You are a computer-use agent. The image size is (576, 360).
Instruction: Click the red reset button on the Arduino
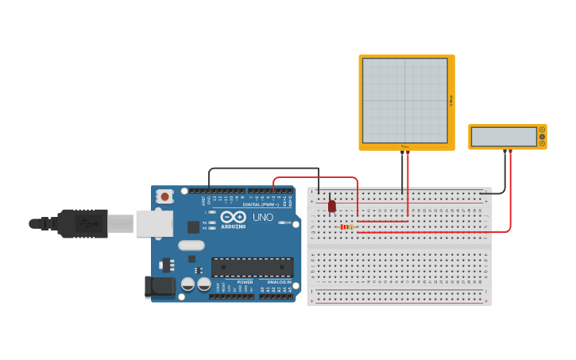click(x=164, y=195)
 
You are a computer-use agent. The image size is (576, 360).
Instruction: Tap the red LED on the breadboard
click(x=332, y=206)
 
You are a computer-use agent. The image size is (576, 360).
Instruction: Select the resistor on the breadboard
click(x=346, y=226)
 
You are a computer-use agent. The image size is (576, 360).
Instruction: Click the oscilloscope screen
click(x=405, y=100)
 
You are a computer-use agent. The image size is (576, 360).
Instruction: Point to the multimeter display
click(x=504, y=137)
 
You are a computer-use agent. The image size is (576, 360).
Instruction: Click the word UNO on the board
click(x=262, y=217)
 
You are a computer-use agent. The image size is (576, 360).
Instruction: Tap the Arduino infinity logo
click(x=233, y=217)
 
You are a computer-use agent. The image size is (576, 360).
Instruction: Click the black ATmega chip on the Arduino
click(x=252, y=267)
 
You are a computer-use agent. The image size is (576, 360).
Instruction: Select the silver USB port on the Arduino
click(x=153, y=223)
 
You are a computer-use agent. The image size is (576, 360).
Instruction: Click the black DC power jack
click(x=160, y=286)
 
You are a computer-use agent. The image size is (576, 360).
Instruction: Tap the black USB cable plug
click(x=83, y=223)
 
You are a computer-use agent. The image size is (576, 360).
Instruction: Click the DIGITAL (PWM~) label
click(x=260, y=204)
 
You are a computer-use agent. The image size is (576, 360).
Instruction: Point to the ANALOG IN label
click(x=278, y=281)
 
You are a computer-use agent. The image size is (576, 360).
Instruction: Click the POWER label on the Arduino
click(x=245, y=281)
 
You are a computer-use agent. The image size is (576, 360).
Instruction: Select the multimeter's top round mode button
click(x=542, y=130)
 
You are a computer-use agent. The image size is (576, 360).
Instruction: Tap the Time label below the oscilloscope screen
click(x=404, y=146)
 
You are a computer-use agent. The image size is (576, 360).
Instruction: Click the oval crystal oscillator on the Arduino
click(x=191, y=245)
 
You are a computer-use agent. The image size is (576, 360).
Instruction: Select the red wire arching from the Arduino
click(x=318, y=177)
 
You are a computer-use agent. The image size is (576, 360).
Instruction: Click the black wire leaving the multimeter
click(x=504, y=171)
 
